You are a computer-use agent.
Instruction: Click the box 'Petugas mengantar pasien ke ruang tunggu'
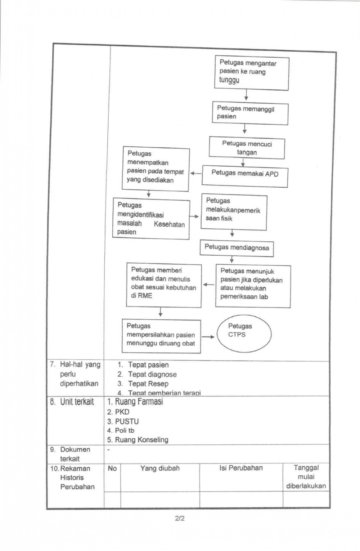coord(252,73)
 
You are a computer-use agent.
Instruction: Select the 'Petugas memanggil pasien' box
coord(250,113)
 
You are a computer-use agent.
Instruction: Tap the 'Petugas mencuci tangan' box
coord(247,148)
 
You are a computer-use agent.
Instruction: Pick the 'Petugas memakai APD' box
coord(245,176)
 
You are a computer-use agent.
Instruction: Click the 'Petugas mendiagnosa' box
coord(237,248)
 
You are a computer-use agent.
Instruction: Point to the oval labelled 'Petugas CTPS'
coord(243,334)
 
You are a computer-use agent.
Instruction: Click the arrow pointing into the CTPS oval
coord(208,337)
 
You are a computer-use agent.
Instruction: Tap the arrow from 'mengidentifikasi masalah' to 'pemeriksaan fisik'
coord(194,216)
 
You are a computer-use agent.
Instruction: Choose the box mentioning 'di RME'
coord(163,285)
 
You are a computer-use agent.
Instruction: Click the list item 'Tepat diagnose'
coord(152,375)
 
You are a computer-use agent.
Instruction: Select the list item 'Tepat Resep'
coord(148,384)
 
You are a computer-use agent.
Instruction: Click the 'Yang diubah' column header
coord(160,468)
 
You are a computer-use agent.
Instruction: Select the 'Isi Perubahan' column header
coord(241,468)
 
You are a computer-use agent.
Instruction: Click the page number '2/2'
coord(180,519)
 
